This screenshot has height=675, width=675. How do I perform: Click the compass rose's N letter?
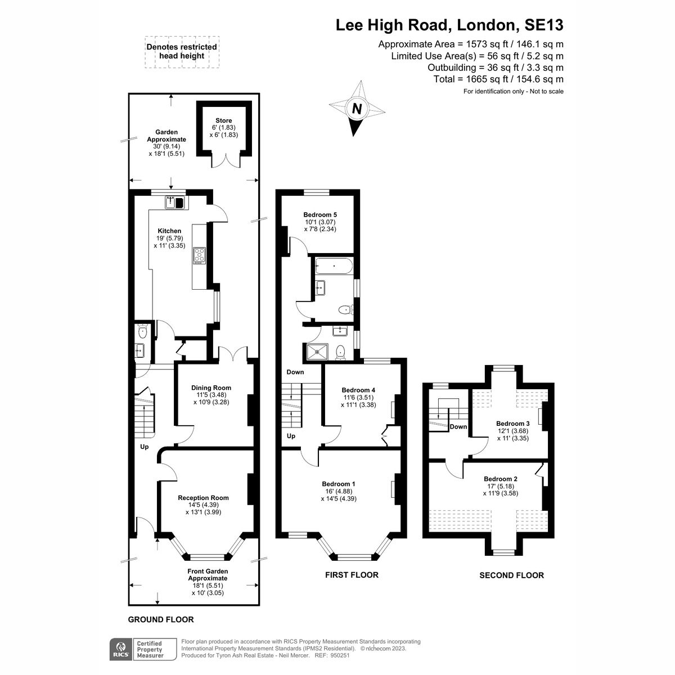(356, 109)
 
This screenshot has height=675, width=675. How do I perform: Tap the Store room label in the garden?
(223, 120)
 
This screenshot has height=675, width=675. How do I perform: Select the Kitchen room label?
(169, 231)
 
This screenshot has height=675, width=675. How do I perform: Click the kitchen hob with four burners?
(200, 255)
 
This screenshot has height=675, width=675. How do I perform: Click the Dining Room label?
(211, 388)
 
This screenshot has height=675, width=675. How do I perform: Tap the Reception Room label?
(203, 498)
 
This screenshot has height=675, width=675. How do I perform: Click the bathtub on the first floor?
(334, 266)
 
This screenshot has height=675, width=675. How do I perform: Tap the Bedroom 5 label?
(319, 214)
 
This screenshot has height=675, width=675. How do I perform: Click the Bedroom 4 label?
(358, 390)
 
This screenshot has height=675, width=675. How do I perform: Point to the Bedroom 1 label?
(338, 484)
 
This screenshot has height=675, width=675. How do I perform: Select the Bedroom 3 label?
(512, 424)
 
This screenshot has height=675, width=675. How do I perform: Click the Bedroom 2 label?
(501, 479)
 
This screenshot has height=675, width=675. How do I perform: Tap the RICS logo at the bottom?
(119, 649)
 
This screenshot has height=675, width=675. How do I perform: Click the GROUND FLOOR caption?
(161, 619)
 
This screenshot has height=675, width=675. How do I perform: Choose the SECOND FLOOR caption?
(511, 575)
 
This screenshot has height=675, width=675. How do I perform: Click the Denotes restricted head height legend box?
(182, 52)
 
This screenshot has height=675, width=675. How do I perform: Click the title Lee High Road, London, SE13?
(449, 25)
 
